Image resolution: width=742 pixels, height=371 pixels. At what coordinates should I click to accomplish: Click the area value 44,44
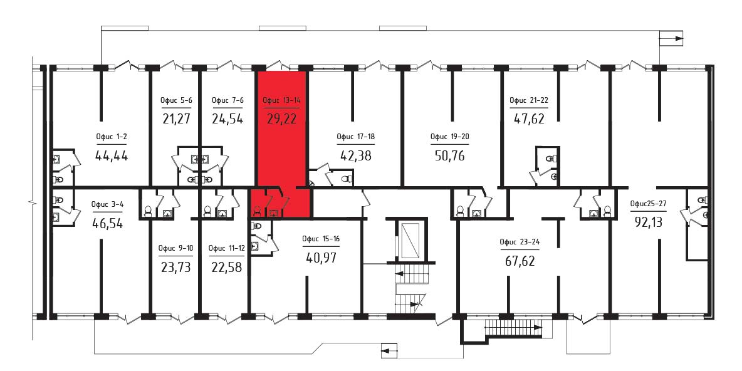pos(112,155)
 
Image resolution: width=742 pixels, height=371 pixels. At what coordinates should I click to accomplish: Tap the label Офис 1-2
pos(112,137)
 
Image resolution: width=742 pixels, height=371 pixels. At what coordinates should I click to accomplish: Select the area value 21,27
pos(176,118)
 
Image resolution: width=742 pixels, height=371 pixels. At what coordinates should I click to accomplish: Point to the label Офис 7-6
pos(227,100)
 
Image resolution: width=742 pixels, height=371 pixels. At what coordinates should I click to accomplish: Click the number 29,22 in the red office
pos(282,118)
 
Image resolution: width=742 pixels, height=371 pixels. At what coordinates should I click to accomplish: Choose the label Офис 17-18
pos(355,137)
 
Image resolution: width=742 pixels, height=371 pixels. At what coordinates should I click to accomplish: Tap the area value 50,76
pos(449,155)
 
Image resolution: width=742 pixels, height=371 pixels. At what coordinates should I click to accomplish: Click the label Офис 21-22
pos(528,100)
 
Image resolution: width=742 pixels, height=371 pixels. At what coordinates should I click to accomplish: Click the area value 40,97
pos(321,258)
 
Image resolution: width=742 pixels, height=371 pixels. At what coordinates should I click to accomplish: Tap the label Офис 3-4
pos(107,205)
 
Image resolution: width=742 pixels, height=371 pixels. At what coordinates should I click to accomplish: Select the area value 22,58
pos(227,268)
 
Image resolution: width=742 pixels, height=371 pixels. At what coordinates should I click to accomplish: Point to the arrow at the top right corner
pos(672,38)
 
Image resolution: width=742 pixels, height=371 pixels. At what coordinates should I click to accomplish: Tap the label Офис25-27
pos(648,204)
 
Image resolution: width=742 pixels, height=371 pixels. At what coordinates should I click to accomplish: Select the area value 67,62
pos(520,261)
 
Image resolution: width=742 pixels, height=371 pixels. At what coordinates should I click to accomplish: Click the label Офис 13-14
pos(281,100)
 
